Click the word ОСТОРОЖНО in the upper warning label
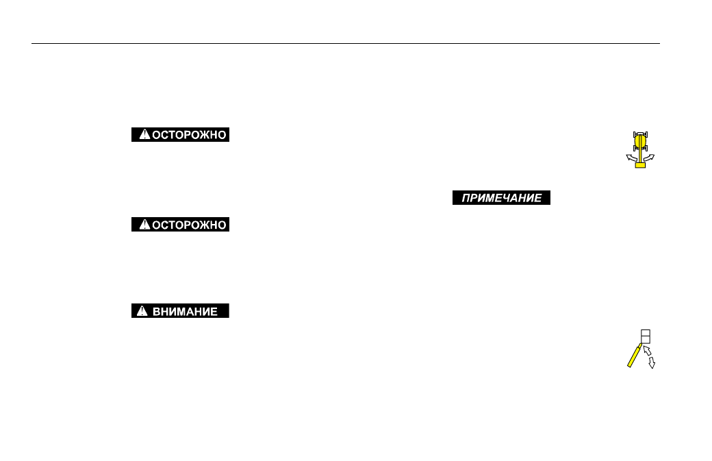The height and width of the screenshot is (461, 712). [189, 135]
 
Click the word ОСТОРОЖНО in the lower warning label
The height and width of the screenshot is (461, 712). [189, 225]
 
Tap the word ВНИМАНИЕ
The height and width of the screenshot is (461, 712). [185, 311]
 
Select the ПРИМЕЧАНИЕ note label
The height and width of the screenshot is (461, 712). [501, 198]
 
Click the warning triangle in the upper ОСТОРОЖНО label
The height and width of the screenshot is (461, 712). [144, 134]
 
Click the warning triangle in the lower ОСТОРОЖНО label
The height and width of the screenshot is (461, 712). [144, 224]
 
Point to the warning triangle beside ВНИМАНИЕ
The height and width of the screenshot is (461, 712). [142, 311]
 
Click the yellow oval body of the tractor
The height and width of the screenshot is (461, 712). [640, 141]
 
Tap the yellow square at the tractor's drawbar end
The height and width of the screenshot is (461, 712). [640, 165]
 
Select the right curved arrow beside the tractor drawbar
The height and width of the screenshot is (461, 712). [649, 158]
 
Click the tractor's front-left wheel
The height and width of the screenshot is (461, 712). [635, 135]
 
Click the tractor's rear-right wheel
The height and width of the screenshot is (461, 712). [646, 147]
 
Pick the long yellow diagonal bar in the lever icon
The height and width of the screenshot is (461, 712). [635, 356]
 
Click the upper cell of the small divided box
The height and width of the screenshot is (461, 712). [646, 333]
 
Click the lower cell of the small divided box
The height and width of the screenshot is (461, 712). [646, 340]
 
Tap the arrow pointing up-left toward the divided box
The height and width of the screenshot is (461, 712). [648, 350]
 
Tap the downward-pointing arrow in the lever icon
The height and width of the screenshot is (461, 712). [652, 362]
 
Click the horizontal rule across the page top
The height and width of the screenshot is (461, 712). [346, 44]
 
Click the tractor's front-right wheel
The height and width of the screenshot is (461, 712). [646, 135]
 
